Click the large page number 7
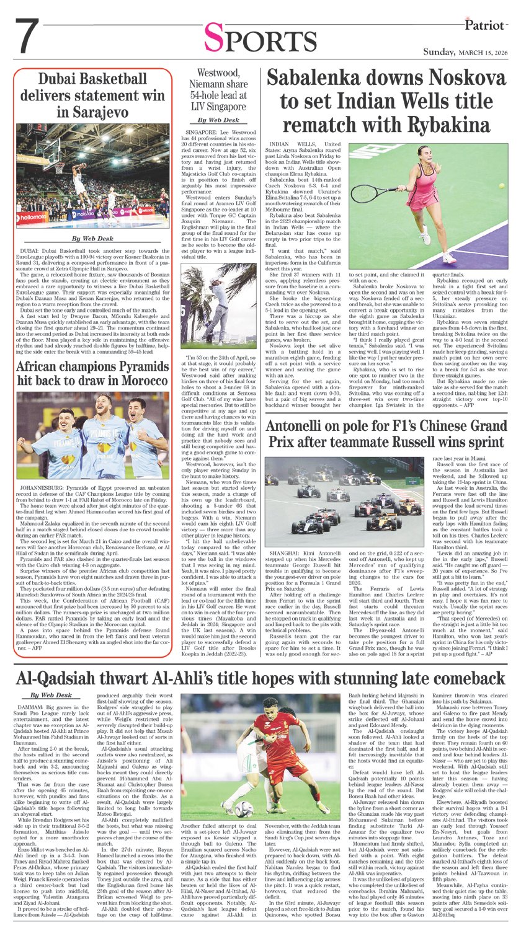26,37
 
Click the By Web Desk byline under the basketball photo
93,239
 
